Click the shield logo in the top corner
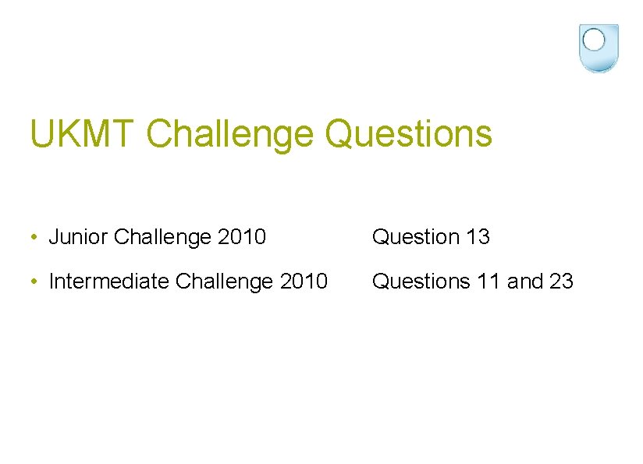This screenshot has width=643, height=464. point(599,48)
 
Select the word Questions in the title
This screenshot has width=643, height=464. point(409,133)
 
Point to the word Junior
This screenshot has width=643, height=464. point(78,237)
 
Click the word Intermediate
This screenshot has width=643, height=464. point(109,281)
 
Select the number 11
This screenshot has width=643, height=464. point(488,281)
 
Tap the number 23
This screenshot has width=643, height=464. point(560,281)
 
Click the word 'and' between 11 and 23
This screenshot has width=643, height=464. point(524,281)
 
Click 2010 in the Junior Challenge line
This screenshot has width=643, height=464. point(242,237)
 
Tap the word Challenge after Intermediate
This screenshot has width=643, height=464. point(225,281)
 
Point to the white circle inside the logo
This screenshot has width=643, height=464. point(595,40)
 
